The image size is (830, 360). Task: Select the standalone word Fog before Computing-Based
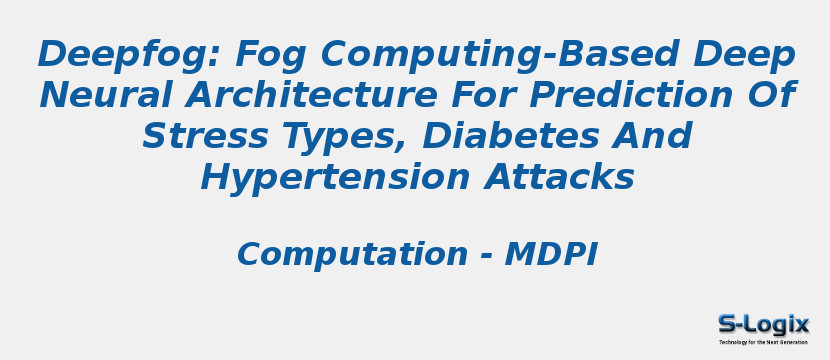click(x=270, y=55)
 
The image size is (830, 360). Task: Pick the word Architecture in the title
click(x=311, y=95)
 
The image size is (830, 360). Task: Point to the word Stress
click(x=205, y=136)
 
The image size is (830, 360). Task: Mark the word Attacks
click(x=560, y=177)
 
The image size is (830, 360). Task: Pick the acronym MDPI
click(x=551, y=254)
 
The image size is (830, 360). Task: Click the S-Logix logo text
click(x=763, y=324)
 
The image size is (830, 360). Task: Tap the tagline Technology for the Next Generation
click(x=763, y=342)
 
